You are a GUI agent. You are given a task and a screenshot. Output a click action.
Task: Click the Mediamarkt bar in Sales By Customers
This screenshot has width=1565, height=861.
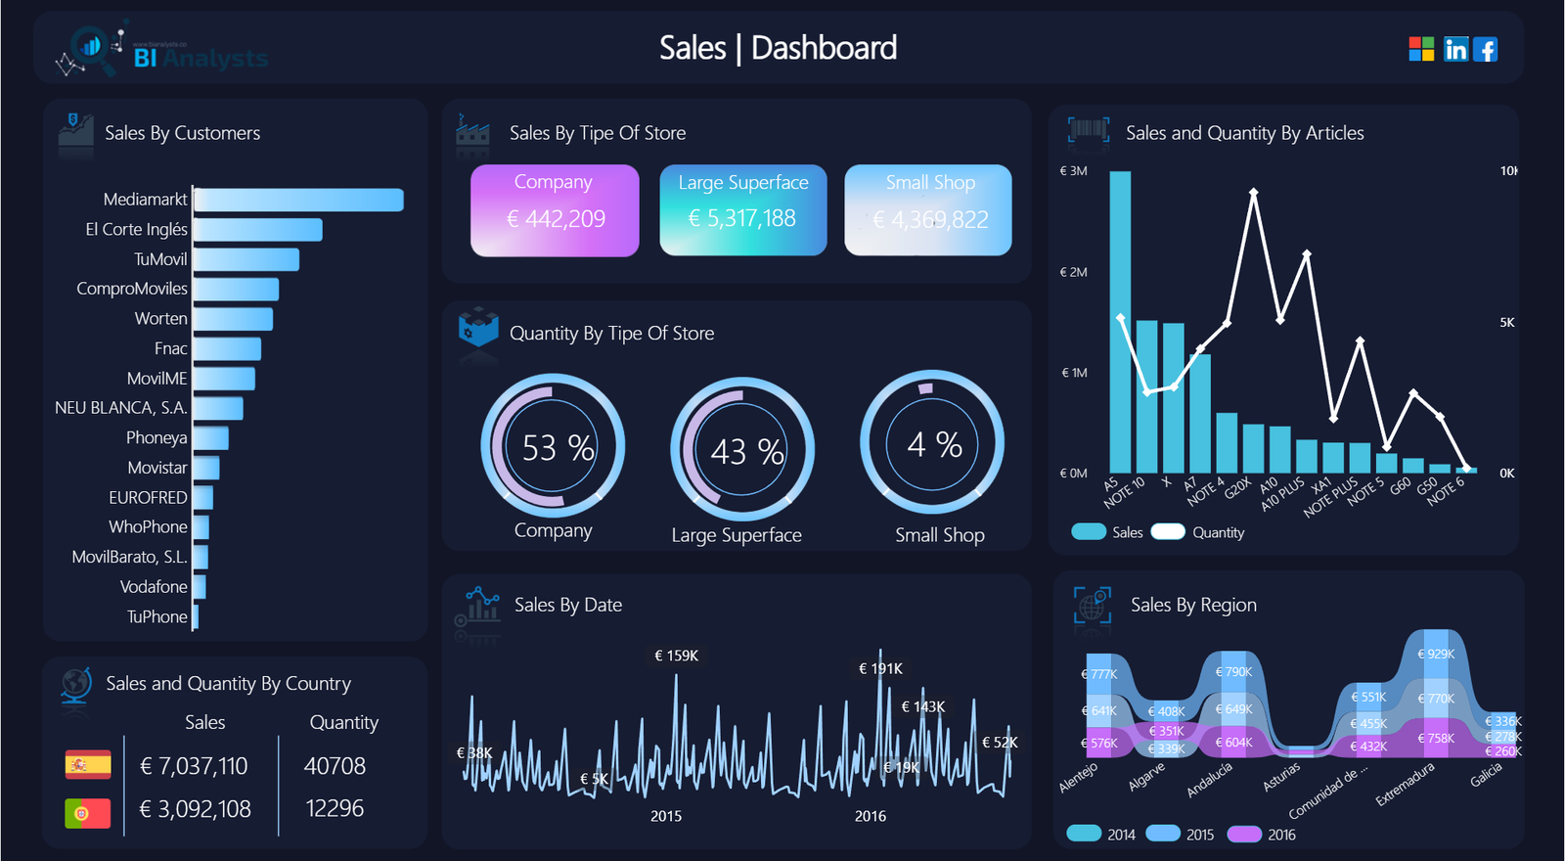(x=298, y=200)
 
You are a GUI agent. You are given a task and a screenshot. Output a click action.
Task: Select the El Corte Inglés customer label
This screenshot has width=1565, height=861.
(x=136, y=229)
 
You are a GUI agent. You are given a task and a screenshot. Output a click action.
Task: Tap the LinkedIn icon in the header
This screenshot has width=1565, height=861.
(x=1455, y=49)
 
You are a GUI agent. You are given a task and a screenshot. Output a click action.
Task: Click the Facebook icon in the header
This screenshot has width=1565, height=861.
(x=1485, y=49)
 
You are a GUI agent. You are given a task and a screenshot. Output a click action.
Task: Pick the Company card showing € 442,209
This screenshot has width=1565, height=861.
(x=555, y=210)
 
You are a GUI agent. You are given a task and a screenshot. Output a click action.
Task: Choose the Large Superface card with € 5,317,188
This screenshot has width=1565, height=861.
(x=742, y=210)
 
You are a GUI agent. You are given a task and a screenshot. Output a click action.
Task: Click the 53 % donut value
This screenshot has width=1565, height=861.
(x=558, y=448)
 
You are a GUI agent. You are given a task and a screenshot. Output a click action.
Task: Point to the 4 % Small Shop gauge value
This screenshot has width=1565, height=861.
(x=934, y=444)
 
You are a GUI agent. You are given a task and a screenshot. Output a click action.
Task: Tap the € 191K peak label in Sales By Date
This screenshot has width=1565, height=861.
(x=880, y=668)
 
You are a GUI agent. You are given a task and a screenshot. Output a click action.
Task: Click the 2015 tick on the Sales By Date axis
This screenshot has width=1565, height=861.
(x=666, y=816)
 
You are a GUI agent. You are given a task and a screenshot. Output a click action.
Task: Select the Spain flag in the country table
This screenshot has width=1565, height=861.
(x=88, y=764)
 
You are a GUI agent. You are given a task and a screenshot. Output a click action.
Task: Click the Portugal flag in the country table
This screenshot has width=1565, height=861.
(x=88, y=812)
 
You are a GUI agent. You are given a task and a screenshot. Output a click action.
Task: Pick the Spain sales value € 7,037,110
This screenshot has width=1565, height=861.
(x=194, y=766)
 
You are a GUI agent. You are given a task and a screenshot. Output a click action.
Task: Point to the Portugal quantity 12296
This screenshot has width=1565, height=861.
(x=335, y=808)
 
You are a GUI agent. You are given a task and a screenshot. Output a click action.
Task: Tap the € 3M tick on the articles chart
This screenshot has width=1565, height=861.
(x=1073, y=171)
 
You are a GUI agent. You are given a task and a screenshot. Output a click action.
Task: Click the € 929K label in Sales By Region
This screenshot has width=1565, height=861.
(x=1436, y=654)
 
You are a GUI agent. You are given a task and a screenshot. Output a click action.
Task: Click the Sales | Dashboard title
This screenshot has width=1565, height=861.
(x=778, y=48)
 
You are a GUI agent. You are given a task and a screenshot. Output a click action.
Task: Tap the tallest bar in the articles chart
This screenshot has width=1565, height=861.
(x=1120, y=323)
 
